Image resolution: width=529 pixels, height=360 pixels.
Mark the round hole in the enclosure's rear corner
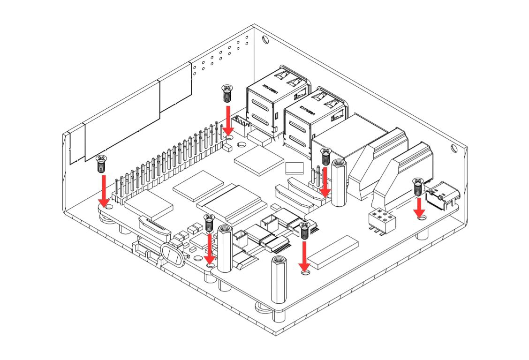pyautogui.click(x=265, y=39)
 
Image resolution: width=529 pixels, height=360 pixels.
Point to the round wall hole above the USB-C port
pyautogui.click(x=454, y=149)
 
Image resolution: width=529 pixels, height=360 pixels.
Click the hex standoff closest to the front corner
pyautogui.click(x=279, y=280)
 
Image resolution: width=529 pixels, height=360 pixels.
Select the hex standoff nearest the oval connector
pyautogui.click(x=225, y=248)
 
